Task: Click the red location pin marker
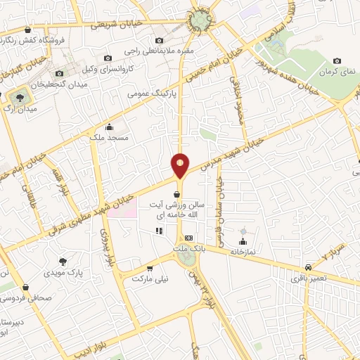[180, 165]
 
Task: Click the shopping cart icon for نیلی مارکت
[150, 269]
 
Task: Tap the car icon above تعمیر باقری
[309, 268]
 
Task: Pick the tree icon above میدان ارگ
[19, 96]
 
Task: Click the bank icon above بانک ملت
[188, 238]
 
